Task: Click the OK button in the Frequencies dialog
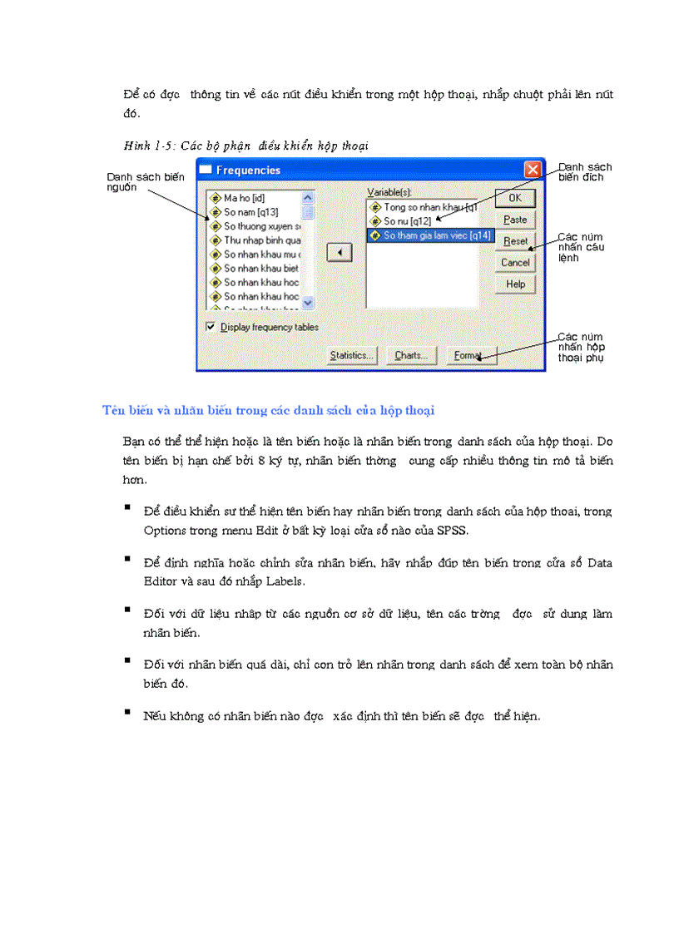coord(515,198)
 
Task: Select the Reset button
coord(515,241)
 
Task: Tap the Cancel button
coord(515,263)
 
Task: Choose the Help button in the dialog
coord(515,284)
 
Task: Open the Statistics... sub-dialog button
coord(351,356)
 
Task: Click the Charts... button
coord(411,356)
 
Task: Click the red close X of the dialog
coord(533,170)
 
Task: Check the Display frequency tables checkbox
coord(211,327)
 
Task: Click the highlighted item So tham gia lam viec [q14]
coord(437,235)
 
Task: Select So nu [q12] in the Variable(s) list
coord(406,221)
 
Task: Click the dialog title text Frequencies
coord(248,170)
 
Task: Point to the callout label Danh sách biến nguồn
coord(146,182)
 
